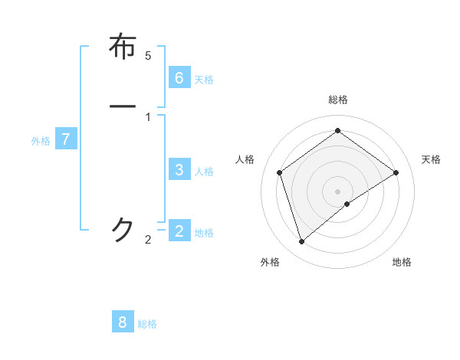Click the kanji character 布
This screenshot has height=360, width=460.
[x=123, y=47]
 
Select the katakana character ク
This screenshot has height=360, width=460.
[x=123, y=229]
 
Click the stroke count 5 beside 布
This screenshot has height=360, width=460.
[x=148, y=56]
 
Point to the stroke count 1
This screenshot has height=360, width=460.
[x=148, y=117]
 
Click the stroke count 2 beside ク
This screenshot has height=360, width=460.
[x=148, y=240]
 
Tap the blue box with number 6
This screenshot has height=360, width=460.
[x=179, y=77]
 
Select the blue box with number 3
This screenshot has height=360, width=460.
[x=179, y=169]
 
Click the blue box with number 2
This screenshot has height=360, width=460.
[x=179, y=230]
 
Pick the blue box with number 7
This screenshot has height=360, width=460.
[x=66, y=139]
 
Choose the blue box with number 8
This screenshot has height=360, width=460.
[x=123, y=322]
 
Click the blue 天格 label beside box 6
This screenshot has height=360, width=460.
[x=204, y=80]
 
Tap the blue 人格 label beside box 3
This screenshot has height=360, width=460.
[x=204, y=172]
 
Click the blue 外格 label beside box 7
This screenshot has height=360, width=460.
[x=41, y=142]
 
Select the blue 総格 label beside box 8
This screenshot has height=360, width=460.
[x=147, y=324]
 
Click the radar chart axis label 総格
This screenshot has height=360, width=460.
[x=338, y=100]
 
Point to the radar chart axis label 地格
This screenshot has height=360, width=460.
[x=402, y=263]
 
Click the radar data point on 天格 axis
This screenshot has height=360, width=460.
[x=396, y=172]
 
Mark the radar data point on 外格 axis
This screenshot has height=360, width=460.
[x=301, y=242]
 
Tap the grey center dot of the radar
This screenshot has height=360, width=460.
[x=338, y=191]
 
